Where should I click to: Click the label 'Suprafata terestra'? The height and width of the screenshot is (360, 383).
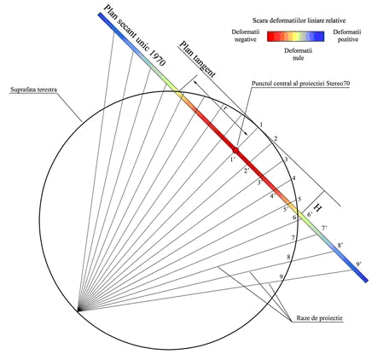pyautogui.click(x=33, y=90)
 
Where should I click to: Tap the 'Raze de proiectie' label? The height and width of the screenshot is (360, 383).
pyautogui.click(x=320, y=318)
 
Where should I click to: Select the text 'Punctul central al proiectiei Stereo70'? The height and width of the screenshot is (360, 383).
pyautogui.click(x=300, y=84)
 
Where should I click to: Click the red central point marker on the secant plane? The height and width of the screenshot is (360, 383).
pyautogui.click(x=235, y=150)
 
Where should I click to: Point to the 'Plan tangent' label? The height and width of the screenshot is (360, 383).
pyautogui.click(x=197, y=60)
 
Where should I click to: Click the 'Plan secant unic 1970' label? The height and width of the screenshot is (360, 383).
pyautogui.click(x=134, y=36)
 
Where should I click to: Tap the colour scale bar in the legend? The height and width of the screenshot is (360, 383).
pyautogui.click(x=295, y=37)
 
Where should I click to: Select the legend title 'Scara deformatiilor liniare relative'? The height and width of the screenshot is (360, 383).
pyautogui.click(x=299, y=20)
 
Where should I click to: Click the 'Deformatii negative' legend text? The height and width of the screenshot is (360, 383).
pyautogui.click(x=246, y=36)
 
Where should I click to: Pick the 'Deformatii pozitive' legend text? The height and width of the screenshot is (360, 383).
pyautogui.click(x=347, y=36)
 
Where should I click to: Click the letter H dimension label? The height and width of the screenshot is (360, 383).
pyautogui.click(x=318, y=207)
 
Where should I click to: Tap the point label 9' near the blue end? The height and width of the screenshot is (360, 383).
pyautogui.click(x=359, y=264)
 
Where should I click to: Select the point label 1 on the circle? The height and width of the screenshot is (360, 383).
pyautogui.click(x=261, y=125)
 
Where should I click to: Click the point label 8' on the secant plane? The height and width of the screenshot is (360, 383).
pyautogui.click(x=340, y=245)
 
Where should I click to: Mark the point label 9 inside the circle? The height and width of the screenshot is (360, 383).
pyautogui.click(x=281, y=276)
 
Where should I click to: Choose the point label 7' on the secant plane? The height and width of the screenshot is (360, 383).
pyautogui.click(x=324, y=228)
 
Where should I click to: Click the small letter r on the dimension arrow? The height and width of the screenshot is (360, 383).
pyautogui.click(x=225, y=107)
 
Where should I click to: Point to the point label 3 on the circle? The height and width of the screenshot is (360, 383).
pyautogui.click(x=286, y=159)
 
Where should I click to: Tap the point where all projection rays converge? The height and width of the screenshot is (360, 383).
pyautogui.click(x=78, y=311)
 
